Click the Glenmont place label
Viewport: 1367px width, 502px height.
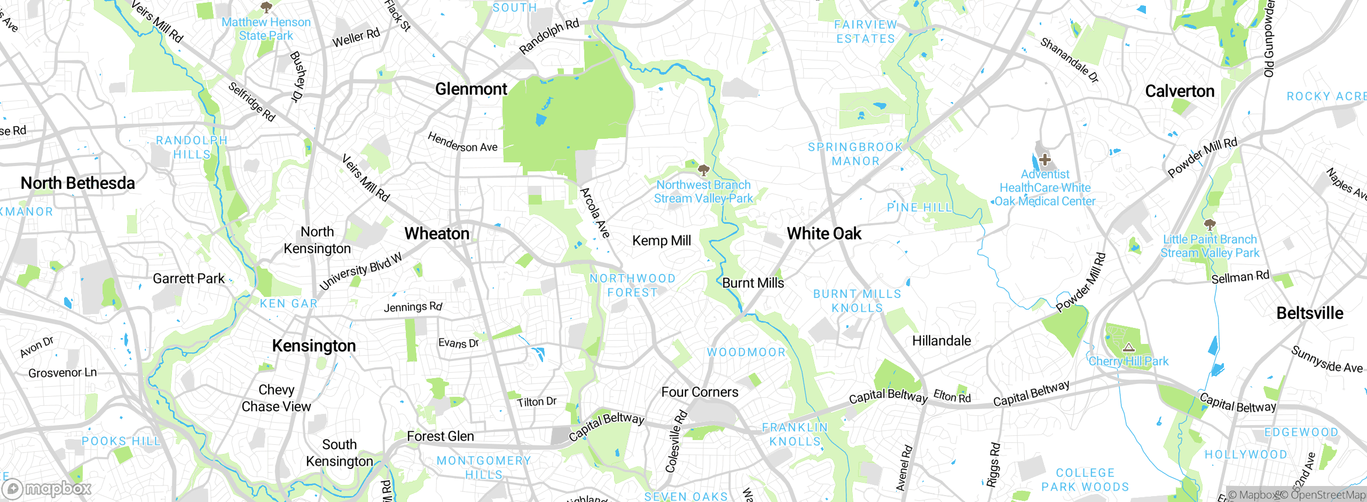[471, 89]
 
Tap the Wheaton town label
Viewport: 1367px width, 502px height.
[437, 234]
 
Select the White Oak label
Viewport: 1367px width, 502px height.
[824, 234]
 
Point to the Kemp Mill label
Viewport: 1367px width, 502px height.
[661, 241]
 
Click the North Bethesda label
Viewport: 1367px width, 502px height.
[77, 183]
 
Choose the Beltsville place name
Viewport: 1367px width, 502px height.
[1309, 313]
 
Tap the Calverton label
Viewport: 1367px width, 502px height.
[1180, 91]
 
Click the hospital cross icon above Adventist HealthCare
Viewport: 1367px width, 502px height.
[1045, 160]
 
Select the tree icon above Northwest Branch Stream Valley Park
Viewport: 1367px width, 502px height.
[703, 170]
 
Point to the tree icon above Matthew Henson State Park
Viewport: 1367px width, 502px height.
[266, 7]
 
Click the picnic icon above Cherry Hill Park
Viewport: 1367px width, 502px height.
[1128, 348]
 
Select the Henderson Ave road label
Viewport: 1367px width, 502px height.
[462, 143]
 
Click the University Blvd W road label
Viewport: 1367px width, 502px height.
[360, 272]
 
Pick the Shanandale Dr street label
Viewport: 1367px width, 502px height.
[1069, 60]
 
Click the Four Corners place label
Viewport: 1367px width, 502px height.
[700, 393]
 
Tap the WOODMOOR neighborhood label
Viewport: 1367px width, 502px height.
[746, 352]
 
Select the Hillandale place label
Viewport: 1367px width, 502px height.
[941, 341]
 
